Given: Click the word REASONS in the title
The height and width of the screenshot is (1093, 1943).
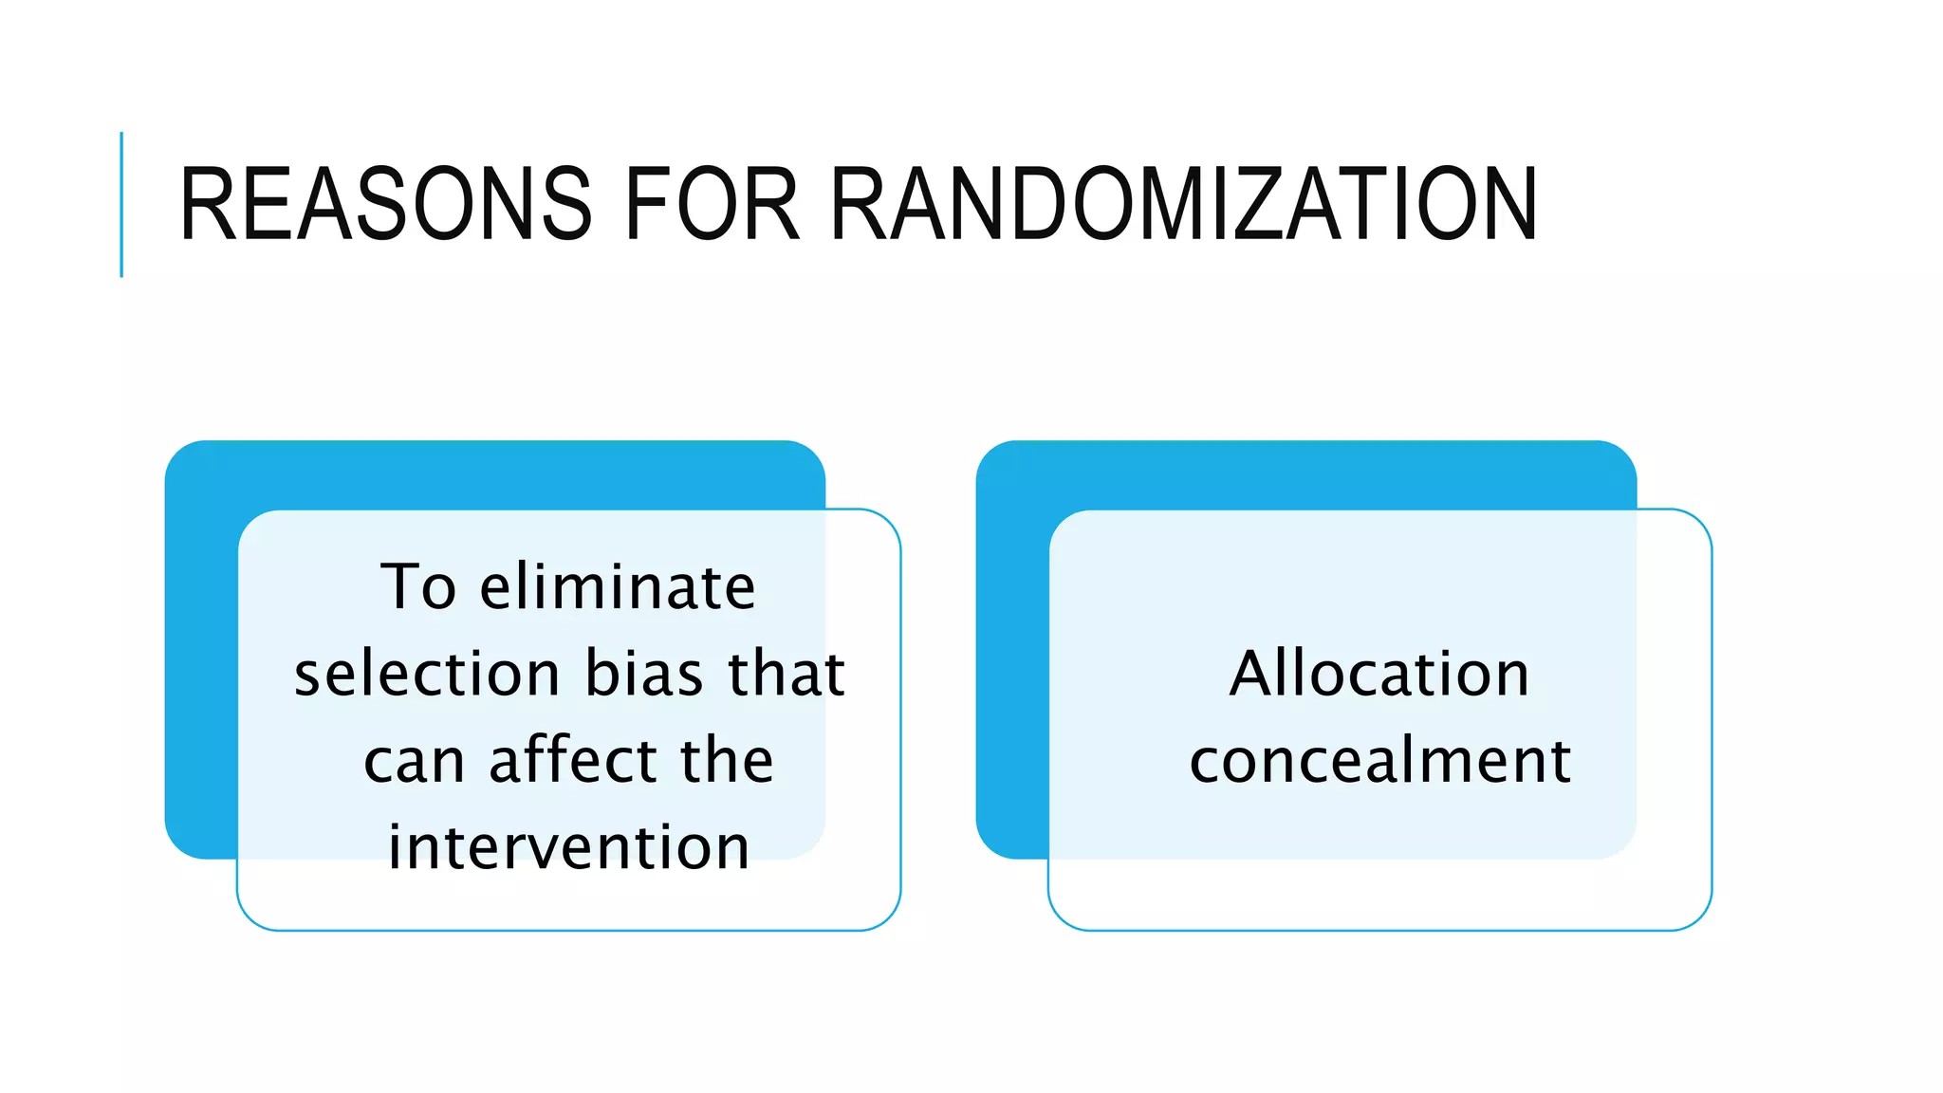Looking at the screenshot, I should pos(385,204).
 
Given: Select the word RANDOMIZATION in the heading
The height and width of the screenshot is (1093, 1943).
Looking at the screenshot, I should pos(1183,204).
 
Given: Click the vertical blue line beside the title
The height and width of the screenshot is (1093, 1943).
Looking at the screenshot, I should pos(121,204).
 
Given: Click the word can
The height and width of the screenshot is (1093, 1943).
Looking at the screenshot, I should pos(414,761).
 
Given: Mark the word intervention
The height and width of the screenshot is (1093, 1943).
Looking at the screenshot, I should pos(569,847).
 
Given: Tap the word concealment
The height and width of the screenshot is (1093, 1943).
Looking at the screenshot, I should pos(1380,761).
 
